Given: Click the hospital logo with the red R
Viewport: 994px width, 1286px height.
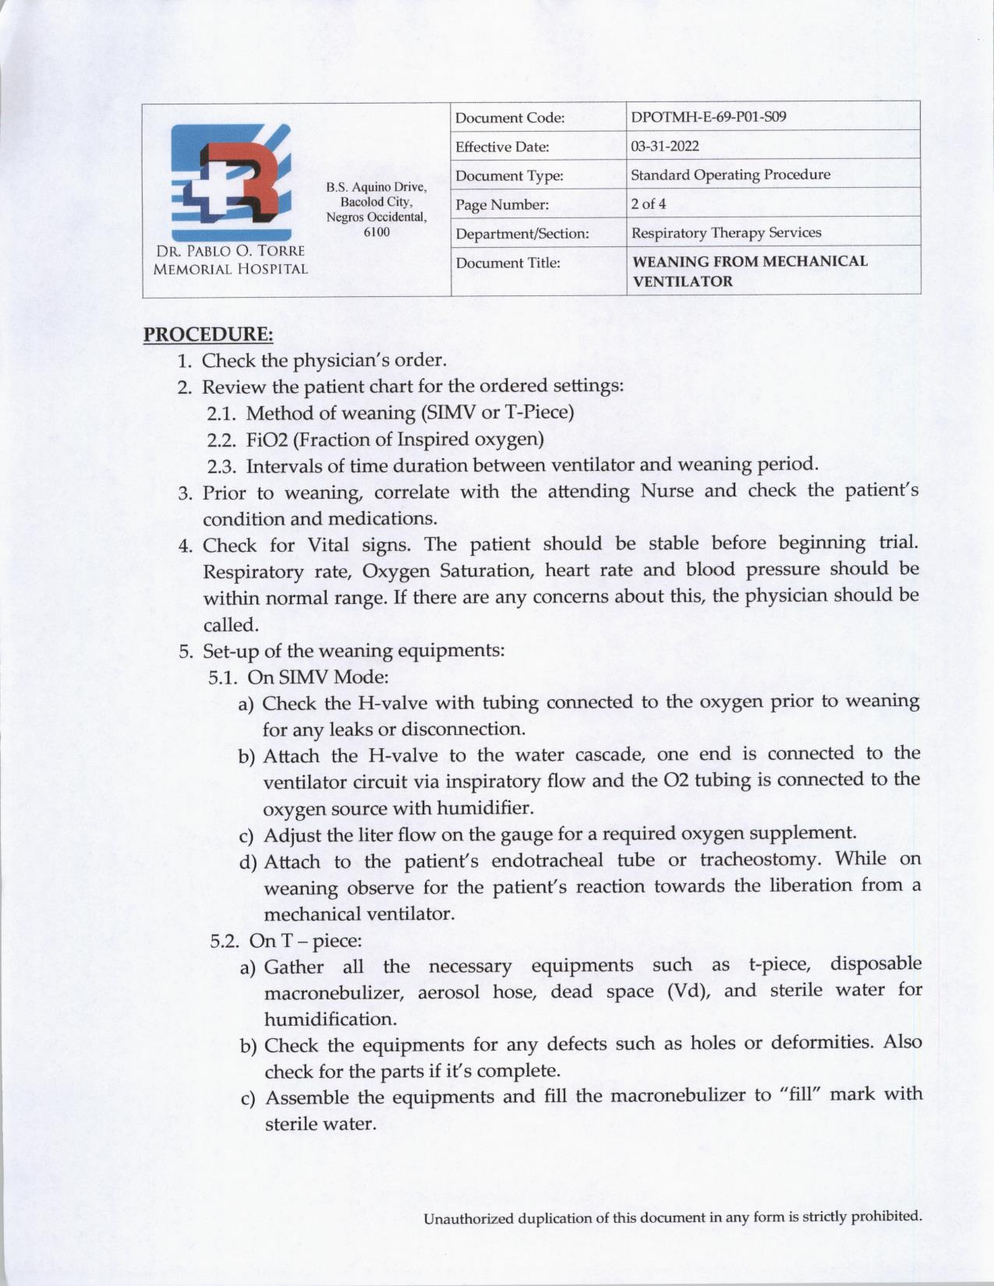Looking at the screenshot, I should point(231,182).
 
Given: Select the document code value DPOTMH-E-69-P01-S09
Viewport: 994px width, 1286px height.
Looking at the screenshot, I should point(708,118).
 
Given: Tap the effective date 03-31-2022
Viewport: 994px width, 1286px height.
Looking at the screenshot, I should point(664,147).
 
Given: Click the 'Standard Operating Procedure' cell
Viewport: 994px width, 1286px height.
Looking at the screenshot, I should point(730,175).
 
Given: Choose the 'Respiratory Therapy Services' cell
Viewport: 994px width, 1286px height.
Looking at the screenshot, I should point(725,233).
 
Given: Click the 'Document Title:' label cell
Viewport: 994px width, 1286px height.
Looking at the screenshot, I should point(508,263).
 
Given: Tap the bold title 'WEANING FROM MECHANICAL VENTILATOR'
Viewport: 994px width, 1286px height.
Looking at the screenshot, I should point(749,271).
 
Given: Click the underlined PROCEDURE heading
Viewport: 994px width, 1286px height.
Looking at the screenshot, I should point(208,334).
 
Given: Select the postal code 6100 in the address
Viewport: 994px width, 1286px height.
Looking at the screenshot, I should point(377,232).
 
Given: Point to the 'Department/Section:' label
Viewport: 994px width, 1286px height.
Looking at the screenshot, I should point(522,234).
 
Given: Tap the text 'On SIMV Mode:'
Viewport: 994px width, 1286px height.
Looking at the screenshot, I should point(317,677).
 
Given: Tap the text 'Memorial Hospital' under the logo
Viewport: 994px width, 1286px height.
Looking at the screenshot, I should point(230,270).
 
